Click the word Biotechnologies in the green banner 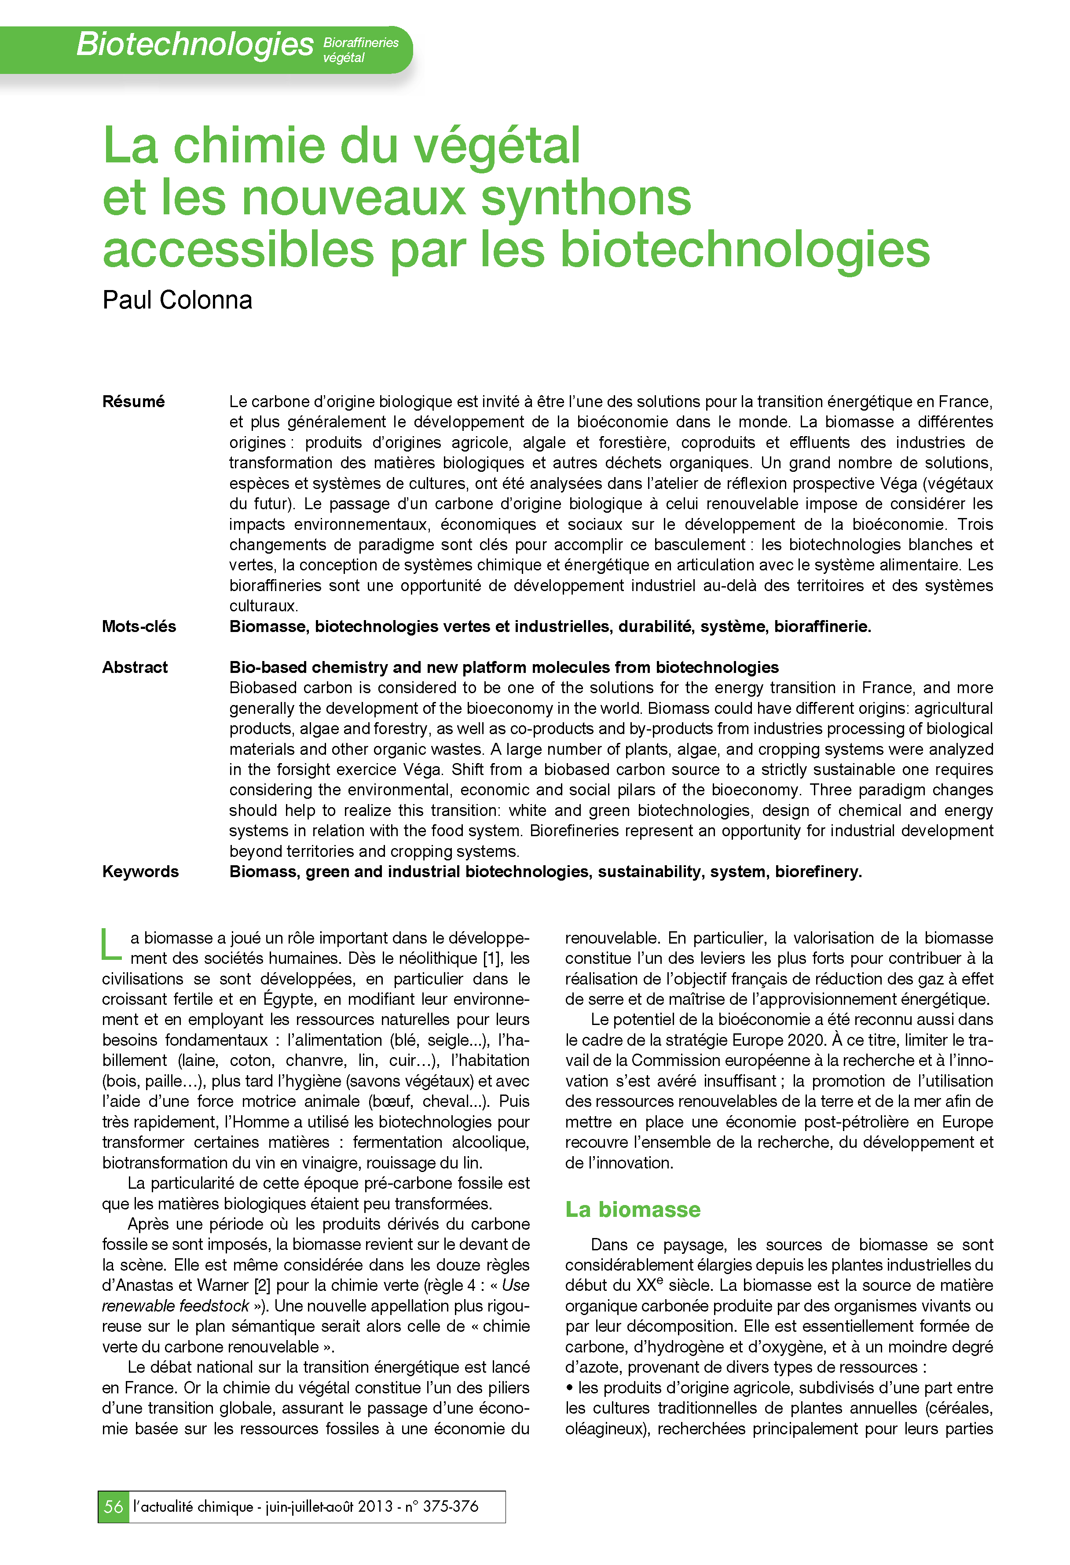(194, 44)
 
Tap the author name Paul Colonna (177, 300)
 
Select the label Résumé (133, 401)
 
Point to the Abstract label (135, 667)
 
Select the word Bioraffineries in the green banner (361, 42)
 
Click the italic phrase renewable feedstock (176, 1306)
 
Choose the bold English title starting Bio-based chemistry (504, 667)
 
